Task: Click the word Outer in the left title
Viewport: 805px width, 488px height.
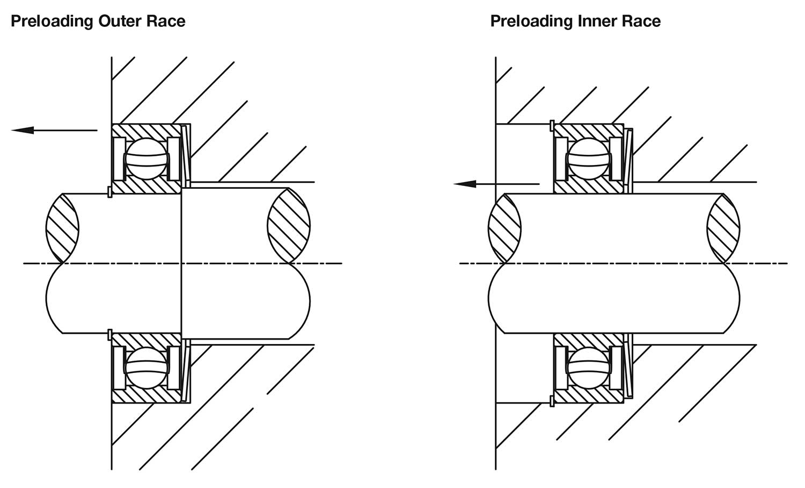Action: click(x=120, y=21)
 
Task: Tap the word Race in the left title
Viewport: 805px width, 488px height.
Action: click(x=166, y=21)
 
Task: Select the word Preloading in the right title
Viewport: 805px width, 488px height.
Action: click(x=532, y=21)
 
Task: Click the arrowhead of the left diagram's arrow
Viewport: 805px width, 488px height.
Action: click(x=23, y=130)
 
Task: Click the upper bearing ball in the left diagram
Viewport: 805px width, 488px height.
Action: click(x=147, y=159)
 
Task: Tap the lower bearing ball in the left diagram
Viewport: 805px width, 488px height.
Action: click(x=147, y=368)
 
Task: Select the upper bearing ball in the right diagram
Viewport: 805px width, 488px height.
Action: click(x=588, y=159)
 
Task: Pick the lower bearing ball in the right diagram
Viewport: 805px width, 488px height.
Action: click(x=588, y=368)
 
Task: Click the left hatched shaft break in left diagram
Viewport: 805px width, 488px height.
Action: click(x=62, y=228)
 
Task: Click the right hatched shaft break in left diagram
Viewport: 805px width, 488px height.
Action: click(x=289, y=226)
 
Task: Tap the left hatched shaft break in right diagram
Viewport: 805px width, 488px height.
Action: click(x=504, y=228)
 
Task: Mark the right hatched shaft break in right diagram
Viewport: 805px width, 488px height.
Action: click(x=723, y=228)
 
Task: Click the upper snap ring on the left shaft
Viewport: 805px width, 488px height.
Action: click(x=109, y=191)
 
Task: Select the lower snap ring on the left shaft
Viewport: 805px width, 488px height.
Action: click(x=109, y=335)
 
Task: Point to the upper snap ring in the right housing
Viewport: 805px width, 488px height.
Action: click(x=552, y=126)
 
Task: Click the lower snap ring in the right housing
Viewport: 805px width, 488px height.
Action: click(x=552, y=401)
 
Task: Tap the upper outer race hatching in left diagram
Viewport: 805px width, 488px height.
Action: click(x=147, y=131)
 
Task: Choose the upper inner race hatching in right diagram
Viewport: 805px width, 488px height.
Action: click(x=588, y=187)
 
